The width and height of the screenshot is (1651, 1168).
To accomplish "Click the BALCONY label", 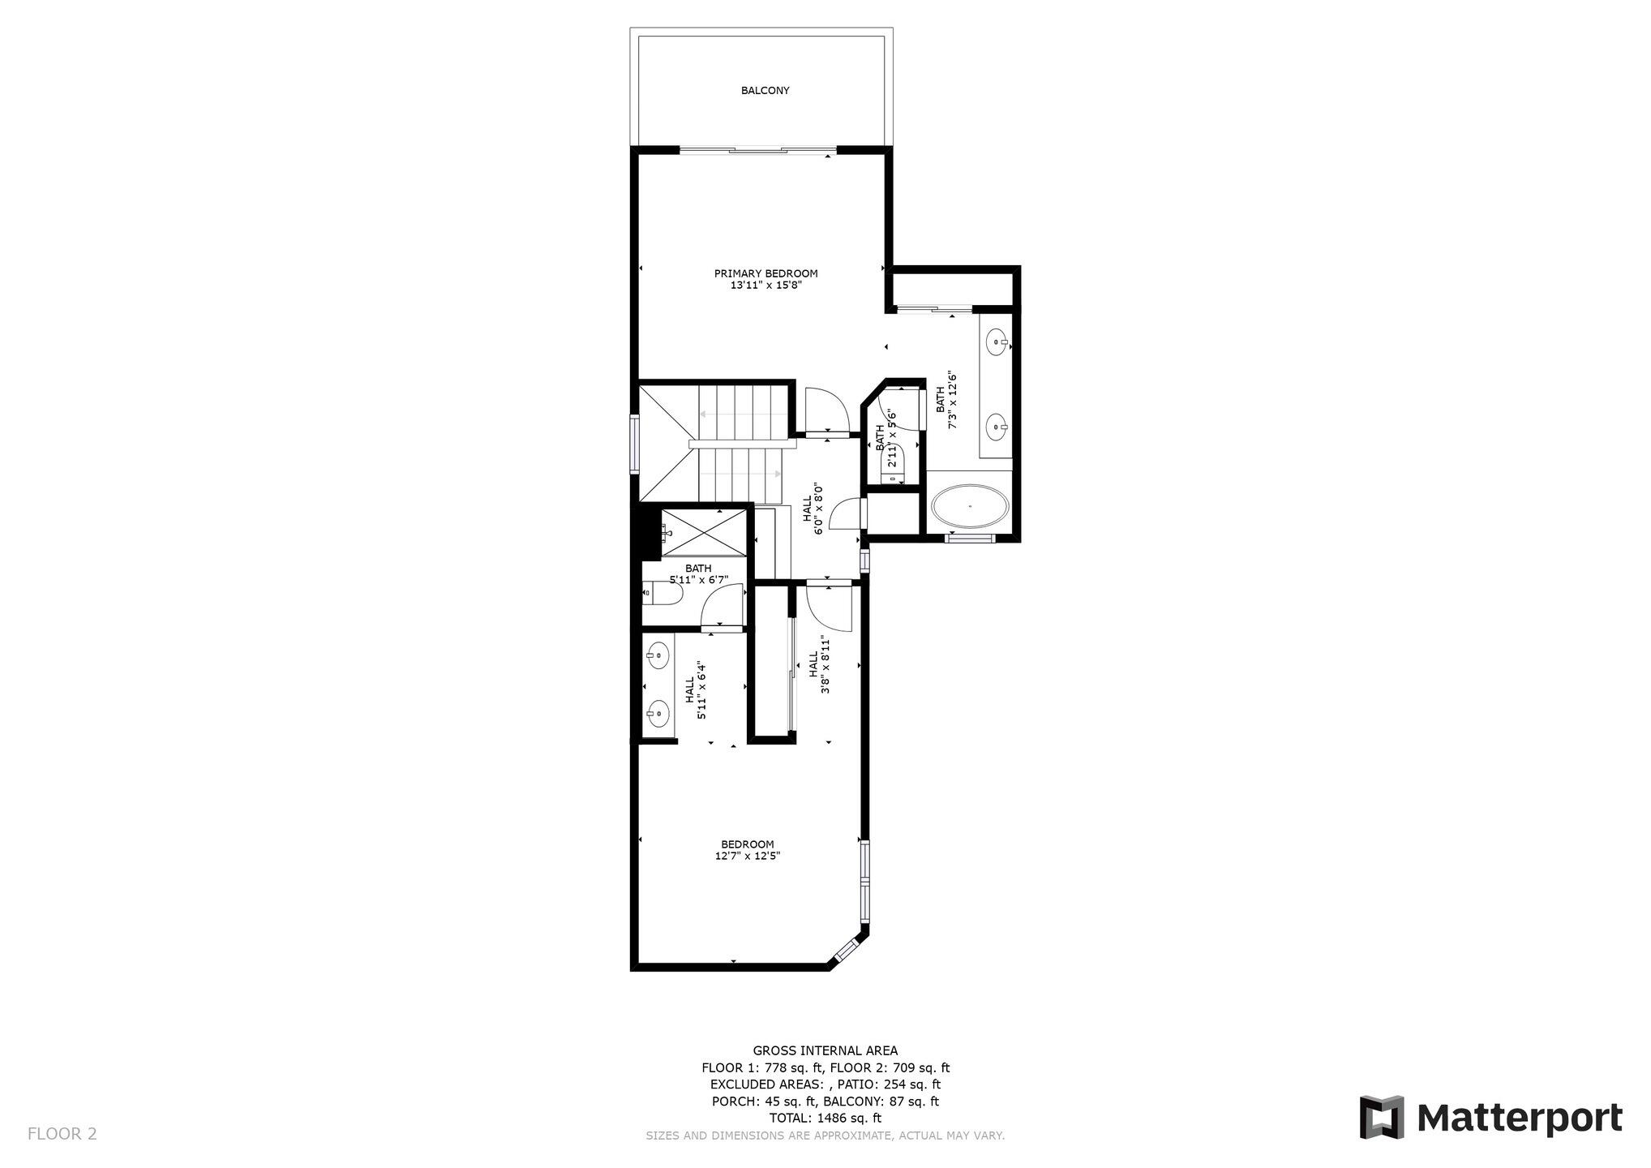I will coord(765,91).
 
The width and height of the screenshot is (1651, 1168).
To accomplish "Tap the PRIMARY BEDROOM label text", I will coord(765,273).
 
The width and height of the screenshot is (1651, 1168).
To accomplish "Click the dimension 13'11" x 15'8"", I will coord(765,285).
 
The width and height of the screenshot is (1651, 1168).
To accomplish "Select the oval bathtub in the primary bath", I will coord(970,508).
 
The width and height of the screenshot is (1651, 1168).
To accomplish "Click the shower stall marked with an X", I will coord(704,533).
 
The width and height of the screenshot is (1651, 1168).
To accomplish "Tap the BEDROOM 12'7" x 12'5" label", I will coord(747,850).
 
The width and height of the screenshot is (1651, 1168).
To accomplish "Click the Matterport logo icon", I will coord(1382,1117).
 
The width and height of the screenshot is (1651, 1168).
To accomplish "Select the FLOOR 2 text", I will coord(62,1133).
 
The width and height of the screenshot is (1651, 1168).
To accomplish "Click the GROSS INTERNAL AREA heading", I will coord(825,1050).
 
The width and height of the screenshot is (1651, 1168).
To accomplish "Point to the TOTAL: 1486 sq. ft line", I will coord(825,1118).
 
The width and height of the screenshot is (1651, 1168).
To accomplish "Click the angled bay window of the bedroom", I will coord(849,948).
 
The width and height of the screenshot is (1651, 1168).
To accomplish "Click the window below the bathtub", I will coord(970,537).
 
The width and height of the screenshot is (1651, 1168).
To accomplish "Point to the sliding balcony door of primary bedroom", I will coord(757,150).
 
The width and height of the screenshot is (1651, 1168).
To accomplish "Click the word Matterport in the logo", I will coord(1520,1118).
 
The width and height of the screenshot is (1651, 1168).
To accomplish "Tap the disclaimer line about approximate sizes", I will coord(825,1136).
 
